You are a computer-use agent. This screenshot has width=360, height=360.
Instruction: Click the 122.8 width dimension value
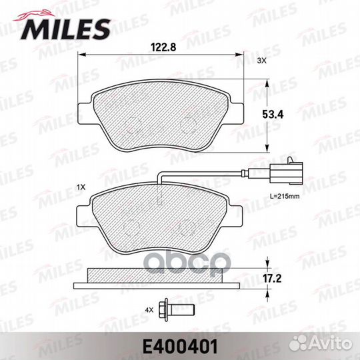click(x=163, y=47)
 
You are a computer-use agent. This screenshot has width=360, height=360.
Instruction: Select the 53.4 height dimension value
click(x=273, y=115)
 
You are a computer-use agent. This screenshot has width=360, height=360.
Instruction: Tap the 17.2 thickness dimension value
click(x=272, y=279)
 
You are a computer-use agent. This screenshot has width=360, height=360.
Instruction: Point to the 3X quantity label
click(x=261, y=61)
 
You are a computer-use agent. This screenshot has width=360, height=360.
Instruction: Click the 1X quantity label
click(x=81, y=187)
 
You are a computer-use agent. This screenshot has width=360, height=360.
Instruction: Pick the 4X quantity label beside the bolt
click(x=149, y=310)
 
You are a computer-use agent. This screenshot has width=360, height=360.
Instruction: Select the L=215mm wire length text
click(x=285, y=196)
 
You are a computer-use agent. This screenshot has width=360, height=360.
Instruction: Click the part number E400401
click(x=180, y=347)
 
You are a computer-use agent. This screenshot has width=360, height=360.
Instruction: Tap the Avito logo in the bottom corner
click(x=321, y=344)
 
